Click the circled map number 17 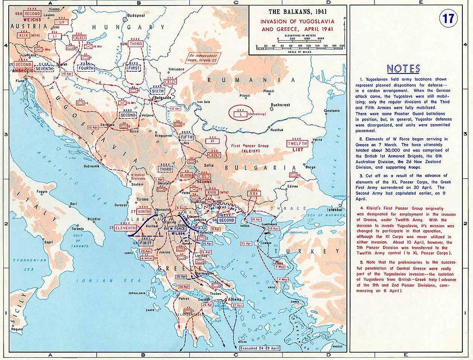click(447, 19)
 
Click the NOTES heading click(403, 69)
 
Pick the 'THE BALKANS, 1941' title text click(297, 12)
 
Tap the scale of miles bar click(298, 48)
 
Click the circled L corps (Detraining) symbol click(241, 113)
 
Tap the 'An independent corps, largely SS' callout click(204, 58)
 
